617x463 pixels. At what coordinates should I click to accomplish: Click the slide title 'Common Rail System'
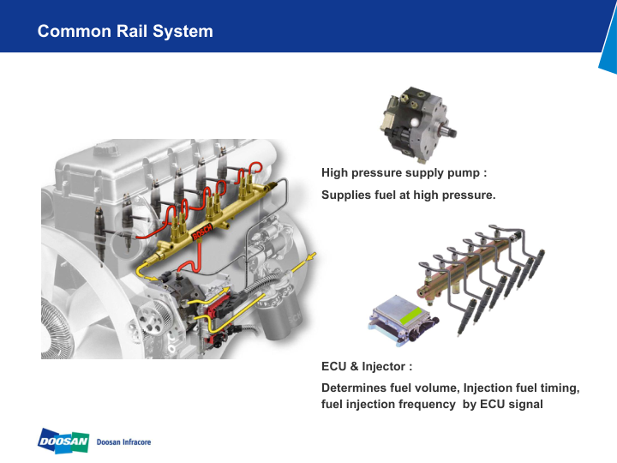[x=125, y=32]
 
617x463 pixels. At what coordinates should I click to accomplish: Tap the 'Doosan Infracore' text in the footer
[x=124, y=442]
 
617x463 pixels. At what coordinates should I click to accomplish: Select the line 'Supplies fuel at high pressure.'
[x=408, y=195]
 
